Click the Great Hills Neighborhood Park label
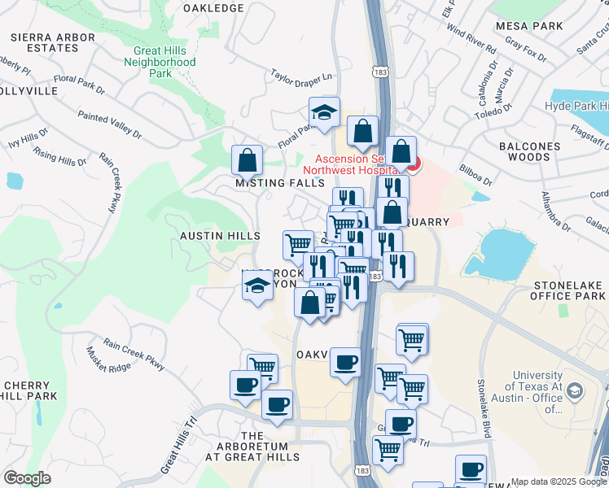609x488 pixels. [x=164, y=61]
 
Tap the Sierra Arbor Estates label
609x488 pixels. [x=44, y=42]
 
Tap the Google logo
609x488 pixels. [x=27, y=478]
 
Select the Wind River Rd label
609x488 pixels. [x=471, y=41]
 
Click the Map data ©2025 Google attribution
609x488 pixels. [x=558, y=481]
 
